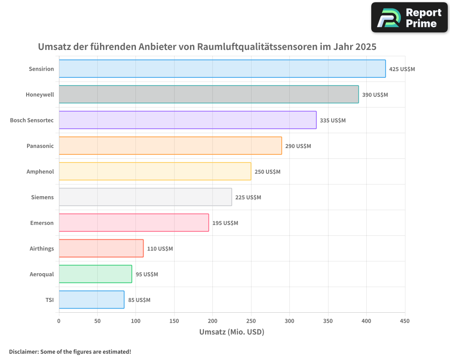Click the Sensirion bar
(222, 69)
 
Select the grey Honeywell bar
(208, 94)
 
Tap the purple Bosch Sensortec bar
(187, 120)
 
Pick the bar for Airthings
(101, 248)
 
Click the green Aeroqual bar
(95, 274)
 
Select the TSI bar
(91, 300)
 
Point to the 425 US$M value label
(402, 69)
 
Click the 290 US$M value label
(298, 146)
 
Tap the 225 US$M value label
(248, 198)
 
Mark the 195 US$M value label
(225, 223)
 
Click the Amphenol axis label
(40, 172)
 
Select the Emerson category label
(42, 223)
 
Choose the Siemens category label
(42, 198)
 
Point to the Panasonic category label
(40, 146)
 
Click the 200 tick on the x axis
(212, 321)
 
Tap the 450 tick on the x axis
(405, 321)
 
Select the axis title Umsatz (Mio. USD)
(231, 332)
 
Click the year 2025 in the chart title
(365, 47)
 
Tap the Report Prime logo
(409, 18)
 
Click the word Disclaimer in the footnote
(23, 351)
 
